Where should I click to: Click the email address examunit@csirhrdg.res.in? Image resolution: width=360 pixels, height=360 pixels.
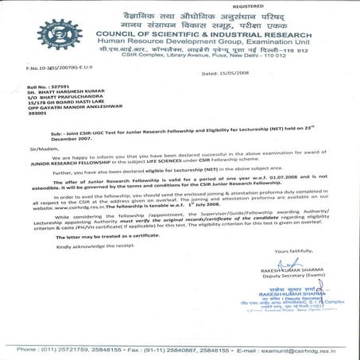pyautogui.click(x=304, y=350)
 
